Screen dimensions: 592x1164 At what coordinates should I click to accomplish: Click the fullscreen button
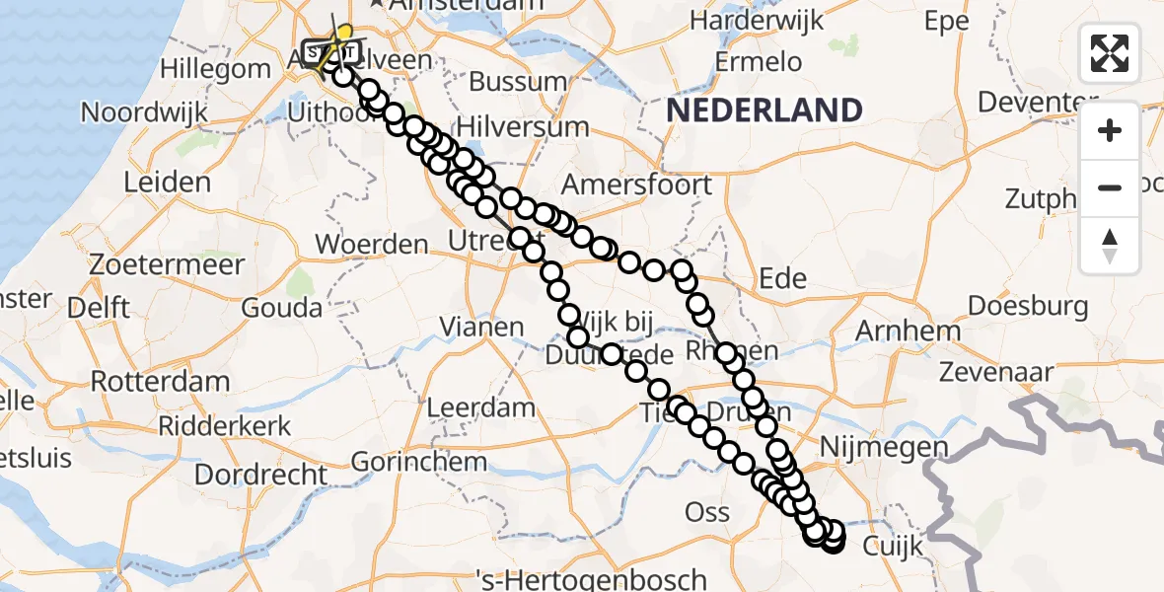tap(1110, 52)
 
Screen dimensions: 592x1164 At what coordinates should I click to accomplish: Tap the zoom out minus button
tap(1110, 187)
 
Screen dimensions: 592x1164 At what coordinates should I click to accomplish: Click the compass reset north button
tap(1110, 246)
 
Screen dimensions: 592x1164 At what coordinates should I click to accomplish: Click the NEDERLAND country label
tap(764, 110)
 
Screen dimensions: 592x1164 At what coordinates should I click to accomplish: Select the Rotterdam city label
tap(160, 381)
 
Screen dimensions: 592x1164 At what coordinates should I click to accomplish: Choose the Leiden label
tap(167, 182)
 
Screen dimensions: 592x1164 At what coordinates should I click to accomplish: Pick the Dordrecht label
tap(260, 474)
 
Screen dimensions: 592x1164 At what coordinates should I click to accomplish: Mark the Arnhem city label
tap(909, 331)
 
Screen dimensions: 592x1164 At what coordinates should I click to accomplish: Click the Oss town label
tap(707, 511)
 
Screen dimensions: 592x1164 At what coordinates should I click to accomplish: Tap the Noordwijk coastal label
tap(144, 111)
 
